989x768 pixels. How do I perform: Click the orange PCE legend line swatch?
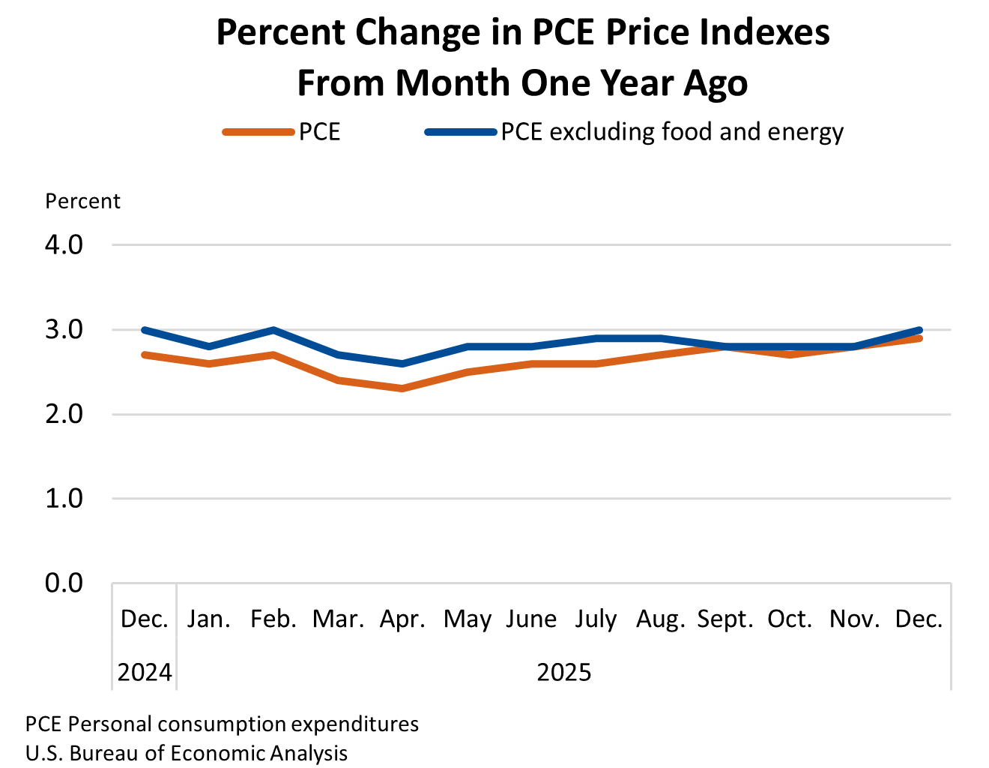point(258,133)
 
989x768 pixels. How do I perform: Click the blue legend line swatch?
point(460,133)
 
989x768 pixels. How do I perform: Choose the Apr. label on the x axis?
point(402,619)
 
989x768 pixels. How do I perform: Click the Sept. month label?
point(725,619)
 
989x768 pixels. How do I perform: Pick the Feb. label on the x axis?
point(273,619)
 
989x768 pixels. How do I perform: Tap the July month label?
point(596,619)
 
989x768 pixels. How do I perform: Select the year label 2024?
point(145,672)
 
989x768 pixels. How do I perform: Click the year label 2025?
point(564,672)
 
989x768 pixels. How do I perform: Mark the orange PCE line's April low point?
point(402,388)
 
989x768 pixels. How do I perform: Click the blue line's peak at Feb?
point(273,330)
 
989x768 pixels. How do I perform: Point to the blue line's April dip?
point(402,364)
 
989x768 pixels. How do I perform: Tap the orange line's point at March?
point(338,380)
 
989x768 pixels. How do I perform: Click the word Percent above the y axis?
point(82,202)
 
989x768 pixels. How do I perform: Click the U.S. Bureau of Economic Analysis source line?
point(187,753)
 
